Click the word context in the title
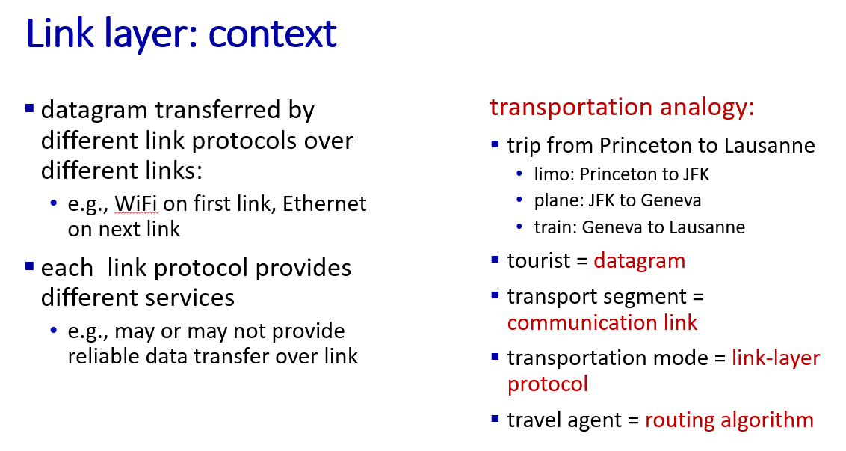[273, 34]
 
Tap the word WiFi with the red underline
[136, 204]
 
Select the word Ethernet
[324, 203]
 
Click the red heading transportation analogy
[622, 107]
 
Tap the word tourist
[539, 261]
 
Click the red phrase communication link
[602, 322]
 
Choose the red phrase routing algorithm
[729, 420]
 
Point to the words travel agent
[564, 420]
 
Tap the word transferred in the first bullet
[218, 110]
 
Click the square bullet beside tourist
[495, 260]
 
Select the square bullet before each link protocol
[30, 266]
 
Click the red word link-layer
[776, 358]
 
